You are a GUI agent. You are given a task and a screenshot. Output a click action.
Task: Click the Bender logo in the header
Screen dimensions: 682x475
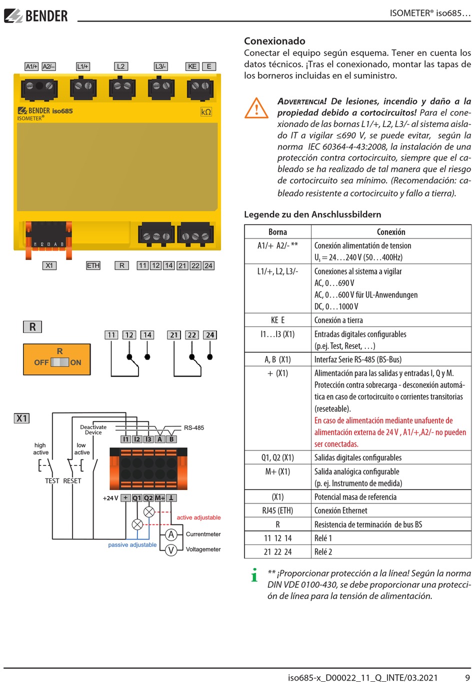(36, 16)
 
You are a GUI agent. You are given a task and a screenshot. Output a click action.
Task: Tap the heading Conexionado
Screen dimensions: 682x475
(274, 41)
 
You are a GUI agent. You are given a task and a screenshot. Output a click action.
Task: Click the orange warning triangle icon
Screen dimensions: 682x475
(256, 108)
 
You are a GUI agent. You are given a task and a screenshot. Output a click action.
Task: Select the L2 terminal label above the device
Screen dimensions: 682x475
(120, 66)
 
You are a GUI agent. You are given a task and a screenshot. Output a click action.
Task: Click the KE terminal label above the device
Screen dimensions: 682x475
(192, 66)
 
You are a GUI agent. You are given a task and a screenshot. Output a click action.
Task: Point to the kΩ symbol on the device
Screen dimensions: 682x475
(206, 112)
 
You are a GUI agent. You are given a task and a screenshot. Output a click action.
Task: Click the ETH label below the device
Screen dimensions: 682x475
(93, 265)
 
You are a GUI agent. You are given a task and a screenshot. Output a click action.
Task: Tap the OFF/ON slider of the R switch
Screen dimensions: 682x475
(60, 362)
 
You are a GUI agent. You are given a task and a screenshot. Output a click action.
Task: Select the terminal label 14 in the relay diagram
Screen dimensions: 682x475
(147, 335)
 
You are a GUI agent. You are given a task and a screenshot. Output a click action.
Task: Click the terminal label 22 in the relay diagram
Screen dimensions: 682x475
(192, 335)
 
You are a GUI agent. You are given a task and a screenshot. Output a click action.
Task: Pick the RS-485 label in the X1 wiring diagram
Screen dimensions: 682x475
(194, 428)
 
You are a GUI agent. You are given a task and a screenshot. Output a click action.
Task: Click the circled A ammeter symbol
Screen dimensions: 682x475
(171, 534)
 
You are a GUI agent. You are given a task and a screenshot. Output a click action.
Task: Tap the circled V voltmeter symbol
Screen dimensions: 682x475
(171, 549)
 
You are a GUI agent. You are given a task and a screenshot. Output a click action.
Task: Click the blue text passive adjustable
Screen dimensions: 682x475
(132, 545)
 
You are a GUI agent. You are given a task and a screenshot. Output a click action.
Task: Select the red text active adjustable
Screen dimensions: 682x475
(198, 517)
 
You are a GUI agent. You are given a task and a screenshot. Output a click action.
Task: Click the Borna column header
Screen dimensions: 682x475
(277, 232)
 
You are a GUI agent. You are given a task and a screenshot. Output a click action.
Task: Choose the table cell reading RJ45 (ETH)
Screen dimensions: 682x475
(277, 510)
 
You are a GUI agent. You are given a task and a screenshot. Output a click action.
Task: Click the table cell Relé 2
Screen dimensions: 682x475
(323, 552)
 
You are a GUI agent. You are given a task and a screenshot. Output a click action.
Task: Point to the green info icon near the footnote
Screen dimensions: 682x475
(254, 575)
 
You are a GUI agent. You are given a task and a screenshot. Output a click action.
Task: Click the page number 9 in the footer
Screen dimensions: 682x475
(467, 677)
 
